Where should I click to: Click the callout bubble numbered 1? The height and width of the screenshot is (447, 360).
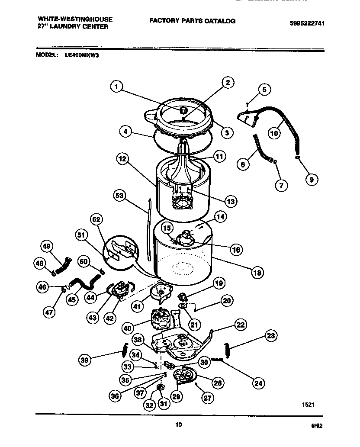115,87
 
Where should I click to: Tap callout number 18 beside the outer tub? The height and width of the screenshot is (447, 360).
257,273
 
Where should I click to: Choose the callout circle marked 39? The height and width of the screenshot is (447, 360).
85,359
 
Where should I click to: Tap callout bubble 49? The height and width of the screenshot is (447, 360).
46,246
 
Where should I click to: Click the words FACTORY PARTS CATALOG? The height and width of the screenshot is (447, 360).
192,21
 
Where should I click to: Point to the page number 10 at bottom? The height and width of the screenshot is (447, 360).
178,425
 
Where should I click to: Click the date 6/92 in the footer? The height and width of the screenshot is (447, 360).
317,426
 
